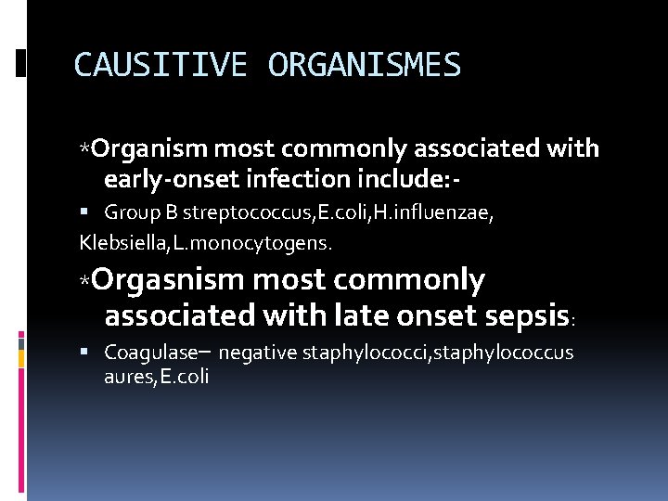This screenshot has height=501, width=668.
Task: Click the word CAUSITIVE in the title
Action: click(161, 65)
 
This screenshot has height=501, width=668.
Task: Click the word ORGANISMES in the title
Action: click(364, 65)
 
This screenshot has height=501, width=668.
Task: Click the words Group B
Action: click(133, 213)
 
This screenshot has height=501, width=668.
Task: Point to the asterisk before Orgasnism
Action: click(84, 281)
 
